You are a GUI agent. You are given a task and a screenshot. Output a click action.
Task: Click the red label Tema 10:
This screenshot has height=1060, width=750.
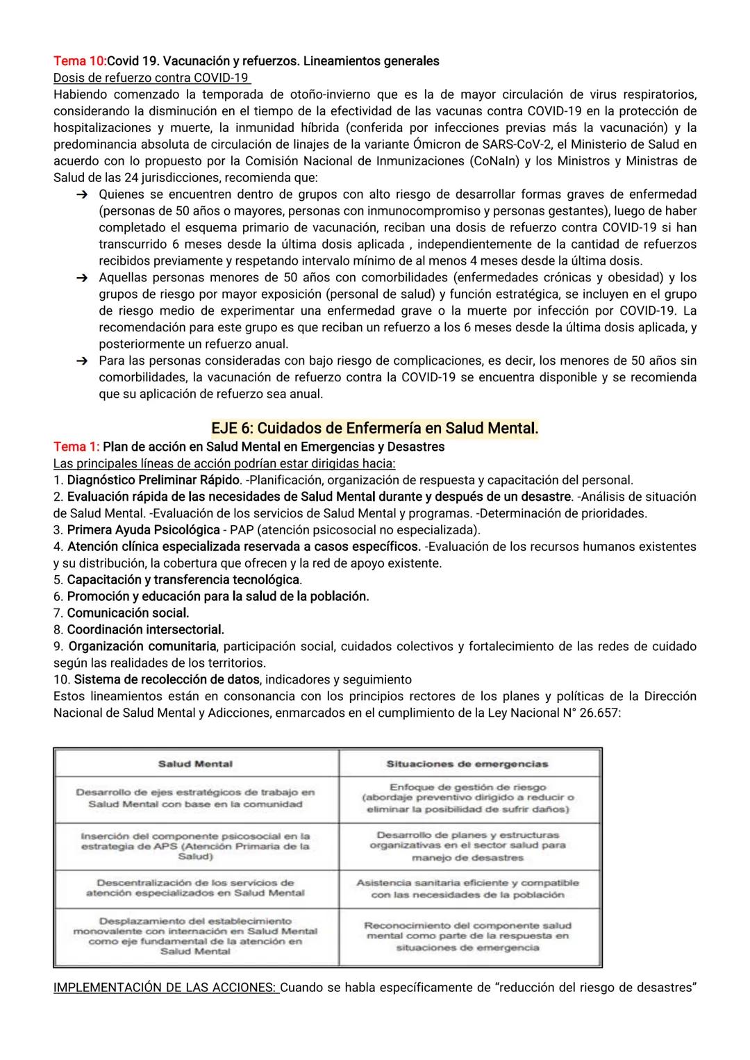(80, 61)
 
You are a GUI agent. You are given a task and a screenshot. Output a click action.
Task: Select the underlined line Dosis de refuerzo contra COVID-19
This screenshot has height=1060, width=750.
(151, 77)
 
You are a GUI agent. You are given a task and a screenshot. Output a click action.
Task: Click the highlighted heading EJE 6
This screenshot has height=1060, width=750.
(375, 429)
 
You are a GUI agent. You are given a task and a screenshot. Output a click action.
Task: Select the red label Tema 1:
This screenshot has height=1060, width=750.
(76, 447)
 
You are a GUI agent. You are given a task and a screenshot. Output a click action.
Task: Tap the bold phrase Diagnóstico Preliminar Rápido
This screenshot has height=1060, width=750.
(153, 480)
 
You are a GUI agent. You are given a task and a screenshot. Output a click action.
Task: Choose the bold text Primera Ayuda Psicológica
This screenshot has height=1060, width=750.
(143, 530)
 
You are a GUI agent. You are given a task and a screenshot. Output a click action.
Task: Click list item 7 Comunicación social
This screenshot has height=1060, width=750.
(128, 613)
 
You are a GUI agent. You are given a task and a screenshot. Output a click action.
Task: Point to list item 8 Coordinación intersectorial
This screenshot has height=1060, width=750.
(145, 629)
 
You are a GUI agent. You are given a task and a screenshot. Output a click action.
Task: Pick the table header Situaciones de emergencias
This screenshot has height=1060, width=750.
(467, 763)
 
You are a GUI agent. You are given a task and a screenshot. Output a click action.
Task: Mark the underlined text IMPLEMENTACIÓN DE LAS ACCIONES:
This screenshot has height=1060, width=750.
(166, 987)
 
